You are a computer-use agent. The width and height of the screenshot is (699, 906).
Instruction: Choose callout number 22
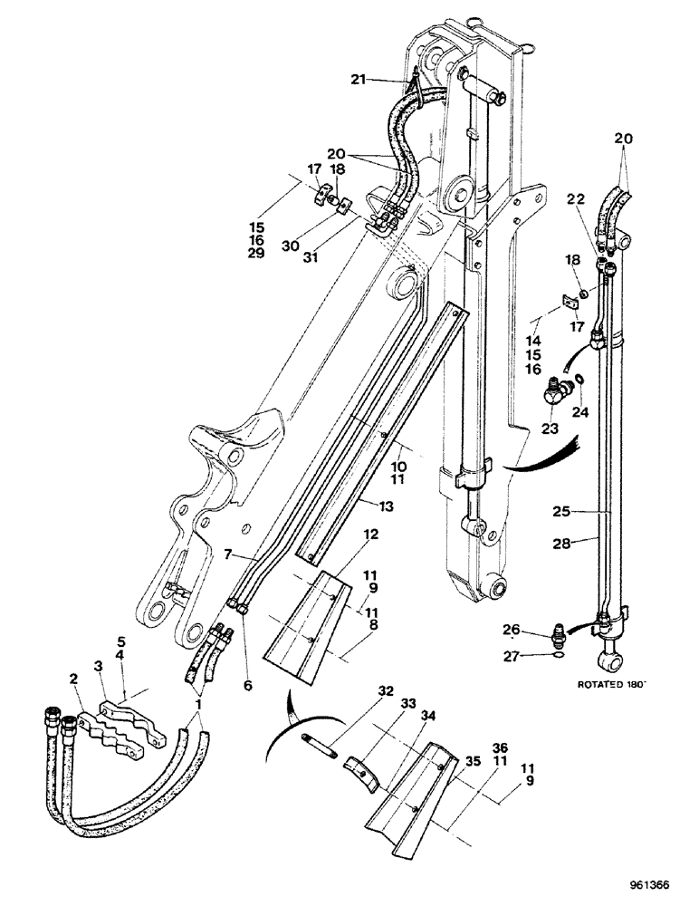pyautogui.click(x=576, y=198)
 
